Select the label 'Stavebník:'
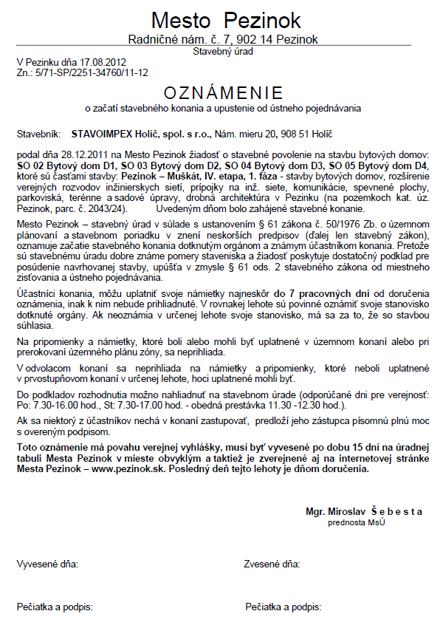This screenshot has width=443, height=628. coord(38,134)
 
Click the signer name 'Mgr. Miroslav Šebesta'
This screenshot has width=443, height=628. coord(364,511)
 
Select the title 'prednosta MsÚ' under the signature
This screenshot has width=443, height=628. coord(355,522)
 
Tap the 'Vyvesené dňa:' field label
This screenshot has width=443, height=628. coord(47,564)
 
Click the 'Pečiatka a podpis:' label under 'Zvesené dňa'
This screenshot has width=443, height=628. coord(284,607)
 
